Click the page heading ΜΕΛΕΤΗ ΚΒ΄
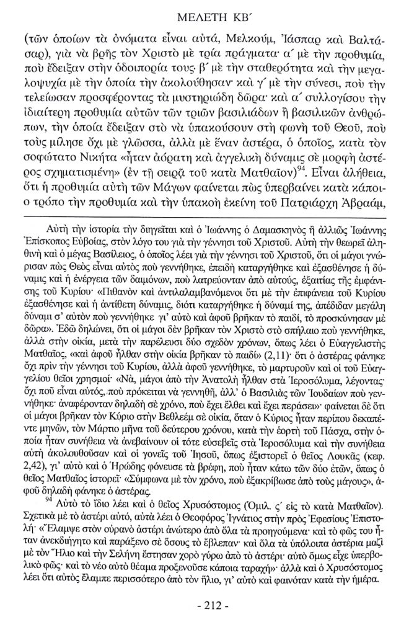[x=205, y=13]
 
